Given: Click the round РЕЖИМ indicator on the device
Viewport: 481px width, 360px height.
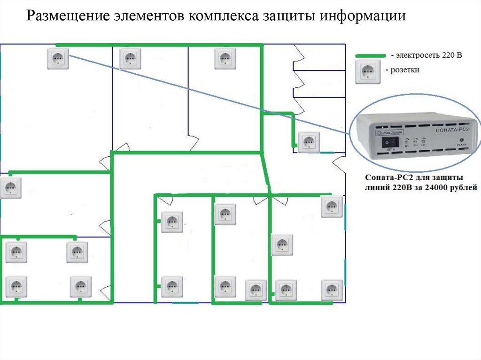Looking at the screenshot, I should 462,140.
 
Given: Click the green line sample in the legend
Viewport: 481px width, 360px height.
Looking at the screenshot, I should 371,56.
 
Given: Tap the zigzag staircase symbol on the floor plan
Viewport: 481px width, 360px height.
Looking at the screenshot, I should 300,80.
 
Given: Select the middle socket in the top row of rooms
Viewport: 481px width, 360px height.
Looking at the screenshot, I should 130,59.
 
